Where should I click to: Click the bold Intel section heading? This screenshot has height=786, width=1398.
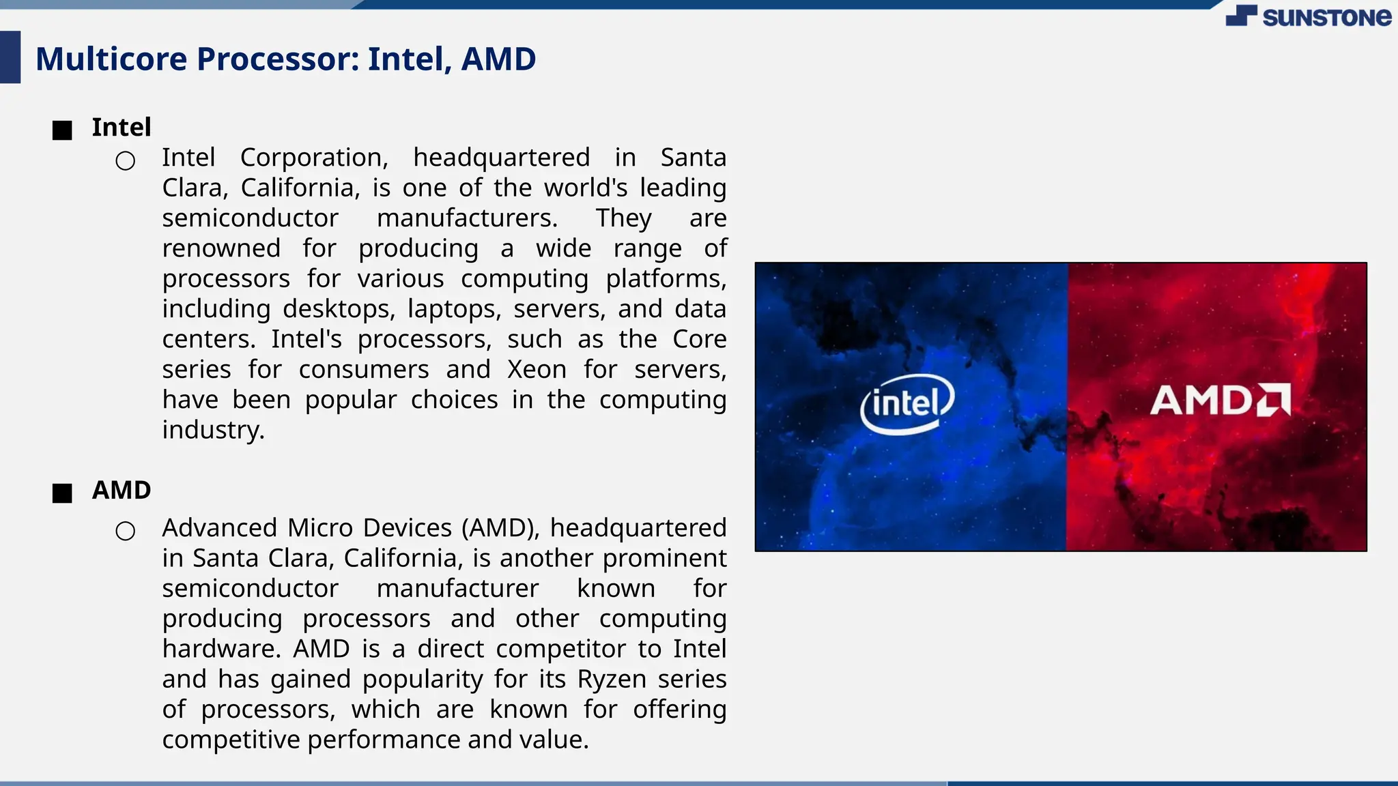(122, 128)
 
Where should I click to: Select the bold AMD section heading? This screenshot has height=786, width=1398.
(122, 491)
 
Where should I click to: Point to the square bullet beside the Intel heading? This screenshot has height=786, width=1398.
(62, 130)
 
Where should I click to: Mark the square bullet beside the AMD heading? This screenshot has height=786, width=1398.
(62, 493)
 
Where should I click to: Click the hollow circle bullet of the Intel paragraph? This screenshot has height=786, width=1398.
(126, 161)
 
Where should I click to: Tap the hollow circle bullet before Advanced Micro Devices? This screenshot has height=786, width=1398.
(126, 531)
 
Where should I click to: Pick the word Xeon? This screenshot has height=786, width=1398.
(537, 370)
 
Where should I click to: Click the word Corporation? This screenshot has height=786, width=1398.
(314, 158)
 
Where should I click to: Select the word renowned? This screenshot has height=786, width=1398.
(221, 248)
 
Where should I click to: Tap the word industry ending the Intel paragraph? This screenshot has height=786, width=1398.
(212, 431)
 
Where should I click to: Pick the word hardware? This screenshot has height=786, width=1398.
(220, 649)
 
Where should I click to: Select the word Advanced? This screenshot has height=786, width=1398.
(219, 528)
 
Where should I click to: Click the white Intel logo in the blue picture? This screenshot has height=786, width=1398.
(907, 403)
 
